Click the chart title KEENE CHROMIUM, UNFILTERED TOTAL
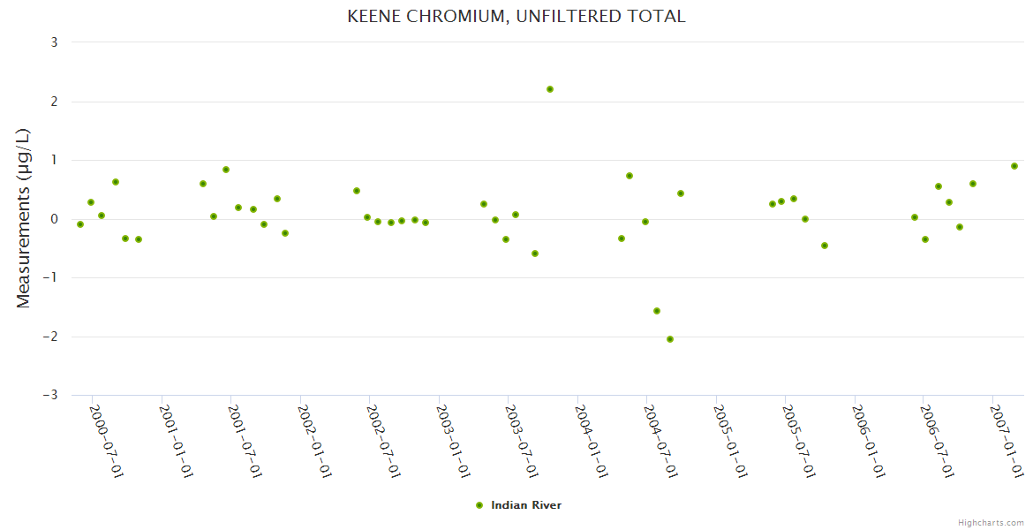[516, 16]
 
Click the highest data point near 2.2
[550, 89]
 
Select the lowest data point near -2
[670, 339]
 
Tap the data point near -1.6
[657, 311]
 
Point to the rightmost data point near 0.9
[1014, 166]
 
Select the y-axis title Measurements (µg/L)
[24, 218]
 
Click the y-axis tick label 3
[55, 42]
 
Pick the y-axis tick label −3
[50, 395]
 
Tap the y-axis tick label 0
[55, 219]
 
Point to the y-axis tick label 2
[55, 102]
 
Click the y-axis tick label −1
[50, 277]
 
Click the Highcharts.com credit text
[991, 523]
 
